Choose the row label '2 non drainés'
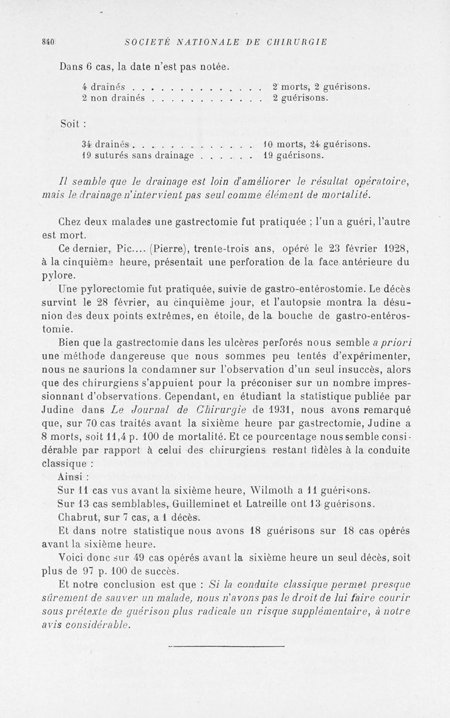tap(114, 97)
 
